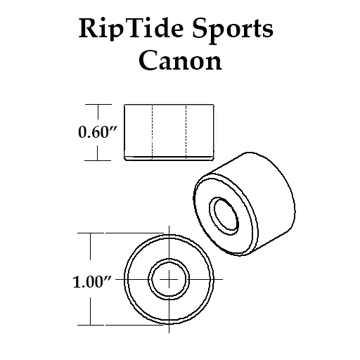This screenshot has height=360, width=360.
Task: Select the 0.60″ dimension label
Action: tap(97, 131)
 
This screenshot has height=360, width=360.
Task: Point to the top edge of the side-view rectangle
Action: tap(169, 105)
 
